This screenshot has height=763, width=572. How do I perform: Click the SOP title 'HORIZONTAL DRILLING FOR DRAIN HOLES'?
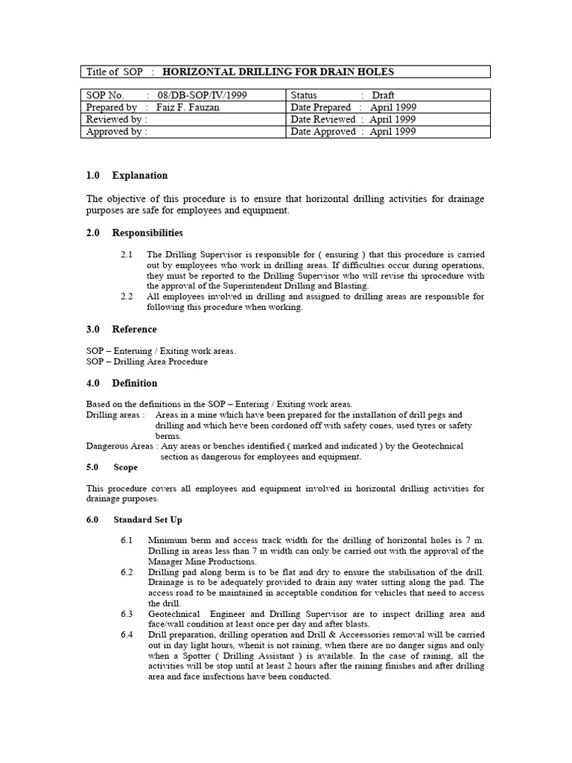(x=278, y=72)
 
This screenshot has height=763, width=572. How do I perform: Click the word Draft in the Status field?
(x=384, y=95)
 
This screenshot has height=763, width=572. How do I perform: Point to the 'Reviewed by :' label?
(x=117, y=119)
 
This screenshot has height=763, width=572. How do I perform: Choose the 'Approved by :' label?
(x=117, y=131)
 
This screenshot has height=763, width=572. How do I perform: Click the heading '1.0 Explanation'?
(x=127, y=176)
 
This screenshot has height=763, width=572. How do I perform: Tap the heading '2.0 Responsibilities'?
(x=135, y=233)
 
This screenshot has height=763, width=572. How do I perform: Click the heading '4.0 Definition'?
(x=122, y=383)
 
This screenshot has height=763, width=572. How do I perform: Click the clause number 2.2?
(x=127, y=297)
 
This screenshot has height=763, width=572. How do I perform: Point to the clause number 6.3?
(x=127, y=614)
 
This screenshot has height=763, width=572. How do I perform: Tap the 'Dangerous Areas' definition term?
(x=119, y=446)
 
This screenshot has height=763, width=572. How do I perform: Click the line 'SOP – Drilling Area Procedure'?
(x=147, y=361)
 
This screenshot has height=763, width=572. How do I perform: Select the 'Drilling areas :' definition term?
(x=115, y=414)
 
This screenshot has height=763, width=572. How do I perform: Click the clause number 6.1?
(x=127, y=539)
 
